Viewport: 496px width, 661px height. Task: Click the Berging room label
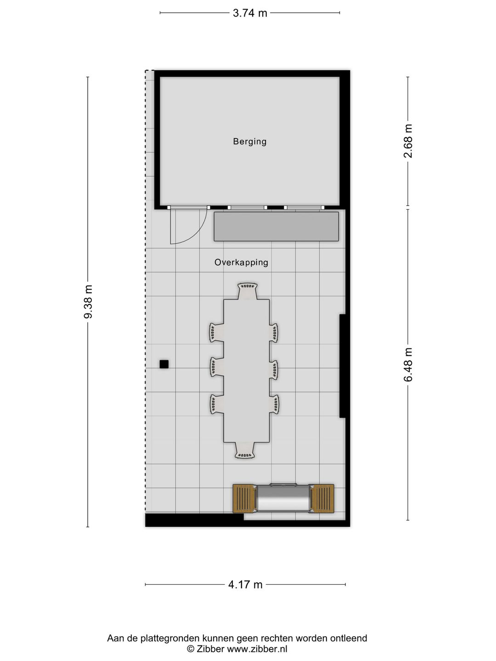pyautogui.click(x=249, y=141)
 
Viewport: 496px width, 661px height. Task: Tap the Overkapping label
pyautogui.click(x=241, y=263)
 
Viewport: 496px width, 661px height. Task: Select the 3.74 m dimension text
pyautogui.click(x=250, y=13)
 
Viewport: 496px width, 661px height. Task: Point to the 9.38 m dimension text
pyautogui.click(x=88, y=302)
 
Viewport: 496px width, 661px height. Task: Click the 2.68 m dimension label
pyautogui.click(x=408, y=141)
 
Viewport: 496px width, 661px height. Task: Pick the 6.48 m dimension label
pyautogui.click(x=408, y=364)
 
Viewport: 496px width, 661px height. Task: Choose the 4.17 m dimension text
pyautogui.click(x=245, y=585)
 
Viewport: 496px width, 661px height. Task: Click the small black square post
pyautogui.click(x=164, y=364)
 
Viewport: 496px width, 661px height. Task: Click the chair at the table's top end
pyautogui.click(x=247, y=291)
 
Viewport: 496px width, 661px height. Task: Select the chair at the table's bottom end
pyautogui.click(x=245, y=450)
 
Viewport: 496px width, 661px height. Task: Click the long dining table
pyautogui.click(x=247, y=370)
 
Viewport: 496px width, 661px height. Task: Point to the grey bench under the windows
pyautogui.click(x=276, y=226)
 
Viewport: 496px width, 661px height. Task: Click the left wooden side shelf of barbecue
pyautogui.click(x=244, y=499)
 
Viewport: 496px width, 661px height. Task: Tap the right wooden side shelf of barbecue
pyautogui.click(x=322, y=499)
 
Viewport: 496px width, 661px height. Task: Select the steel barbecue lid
pyautogui.click(x=283, y=498)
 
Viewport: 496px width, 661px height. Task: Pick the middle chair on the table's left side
pyautogui.click(x=217, y=367)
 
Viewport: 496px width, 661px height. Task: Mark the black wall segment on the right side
pyautogui.click(x=343, y=366)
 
